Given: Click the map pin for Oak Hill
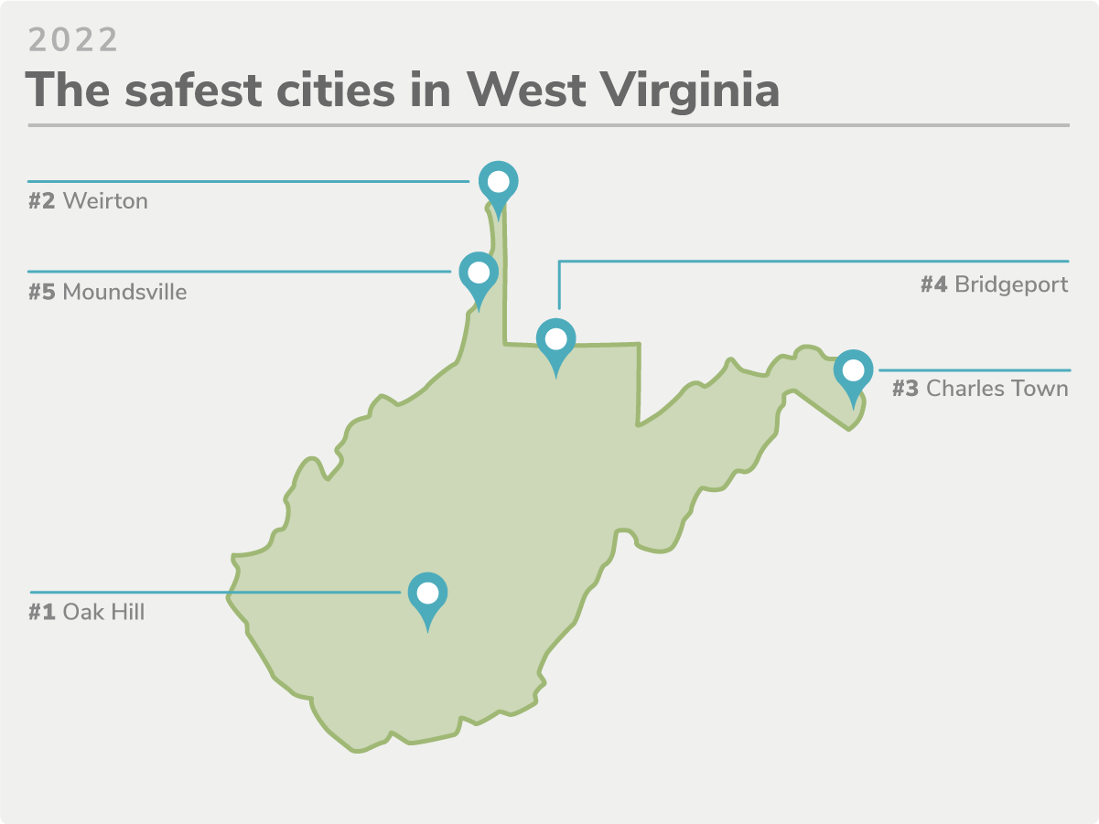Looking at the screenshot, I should (427, 594).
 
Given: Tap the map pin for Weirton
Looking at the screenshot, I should (498, 184).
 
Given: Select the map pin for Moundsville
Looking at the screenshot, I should (478, 273).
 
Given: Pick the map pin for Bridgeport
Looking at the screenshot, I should (555, 339).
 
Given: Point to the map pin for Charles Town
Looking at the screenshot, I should (853, 371).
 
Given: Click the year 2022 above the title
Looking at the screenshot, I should (73, 40).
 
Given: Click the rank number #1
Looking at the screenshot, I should (42, 612).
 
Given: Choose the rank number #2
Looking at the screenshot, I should (42, 200).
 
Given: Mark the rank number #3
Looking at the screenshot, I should (906, 389).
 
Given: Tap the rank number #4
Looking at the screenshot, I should (933, 284).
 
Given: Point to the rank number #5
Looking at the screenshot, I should (42, 293).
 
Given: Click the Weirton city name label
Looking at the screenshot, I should (105, 200).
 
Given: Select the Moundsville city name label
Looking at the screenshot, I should (124, 293).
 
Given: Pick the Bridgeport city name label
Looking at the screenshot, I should (1011, 284).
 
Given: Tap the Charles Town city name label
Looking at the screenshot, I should (997, 389).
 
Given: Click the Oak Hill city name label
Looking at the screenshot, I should (103, 612).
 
